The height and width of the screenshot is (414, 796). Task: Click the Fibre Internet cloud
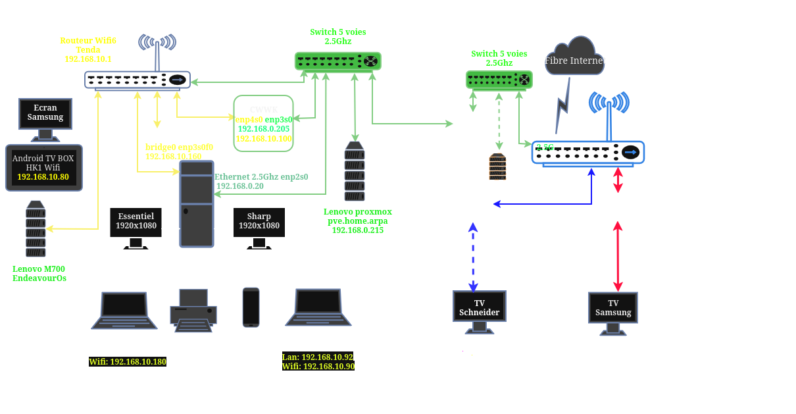[x=574, y=58]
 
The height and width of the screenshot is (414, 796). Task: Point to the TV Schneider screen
[x=480, y=306]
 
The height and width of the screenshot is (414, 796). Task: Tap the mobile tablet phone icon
[x=251, y=307]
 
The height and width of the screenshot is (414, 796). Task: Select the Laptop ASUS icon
[x=124, y=310]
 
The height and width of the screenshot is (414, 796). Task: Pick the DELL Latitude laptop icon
[x=318, y=307]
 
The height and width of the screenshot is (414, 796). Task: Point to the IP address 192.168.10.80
[x=43, y=177]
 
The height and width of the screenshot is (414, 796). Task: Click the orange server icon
[x=498, y=167]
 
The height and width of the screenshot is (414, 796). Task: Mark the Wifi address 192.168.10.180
[x=128, y=362]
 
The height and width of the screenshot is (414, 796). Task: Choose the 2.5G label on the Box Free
[x=545, y=147]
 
